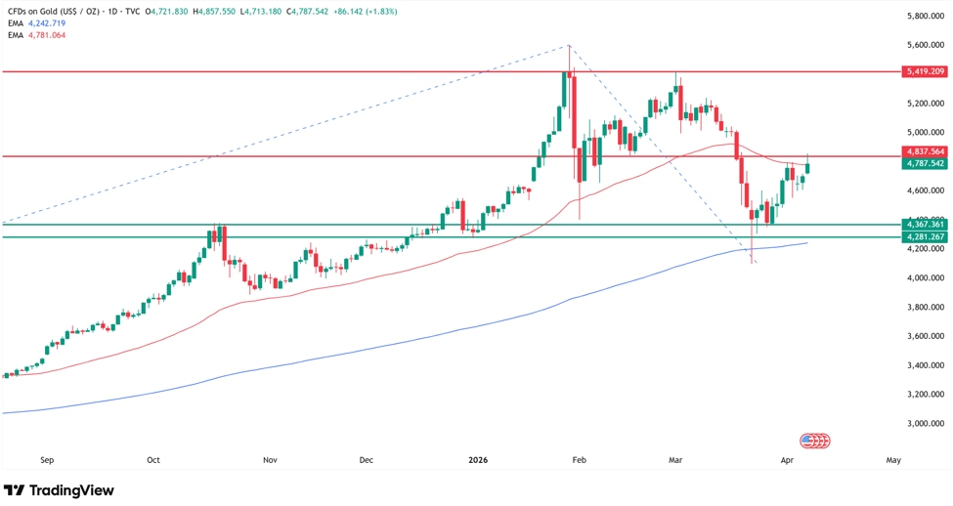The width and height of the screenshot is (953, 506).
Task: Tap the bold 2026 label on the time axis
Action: point(478,458)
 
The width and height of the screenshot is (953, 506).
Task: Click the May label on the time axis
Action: point(893,458)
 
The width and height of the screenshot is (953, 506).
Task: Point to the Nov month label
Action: point(271,458)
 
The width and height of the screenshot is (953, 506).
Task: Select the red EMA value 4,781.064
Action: point(47,35)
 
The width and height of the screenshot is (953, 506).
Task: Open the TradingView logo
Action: point(59,489)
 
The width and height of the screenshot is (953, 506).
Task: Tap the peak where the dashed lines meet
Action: point(569,46)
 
